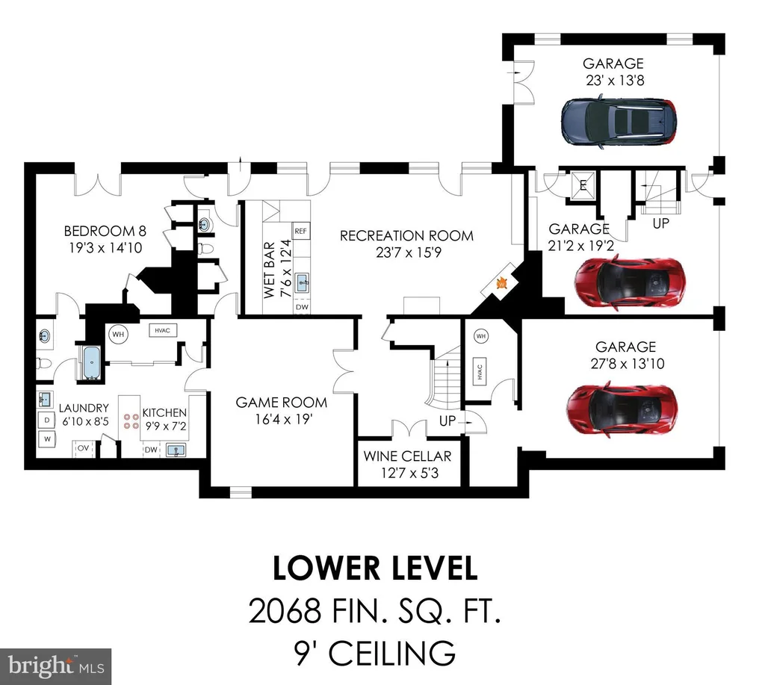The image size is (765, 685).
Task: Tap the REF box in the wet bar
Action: point(300,231)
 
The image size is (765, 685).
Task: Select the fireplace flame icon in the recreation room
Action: point(501,282)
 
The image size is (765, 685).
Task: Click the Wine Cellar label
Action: point(407,456)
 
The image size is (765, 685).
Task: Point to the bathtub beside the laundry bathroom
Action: point(91,362)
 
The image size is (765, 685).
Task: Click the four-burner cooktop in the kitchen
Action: point(131,421)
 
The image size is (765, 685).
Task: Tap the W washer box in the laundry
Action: point(47,438)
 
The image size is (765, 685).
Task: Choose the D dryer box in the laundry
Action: point(47,420)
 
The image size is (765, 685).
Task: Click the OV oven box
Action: point(84,448)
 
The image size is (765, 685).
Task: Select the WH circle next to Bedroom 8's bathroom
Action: point(118,334)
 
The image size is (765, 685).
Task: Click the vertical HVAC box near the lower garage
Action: point(480,372)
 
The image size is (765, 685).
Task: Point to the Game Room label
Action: point(282,403)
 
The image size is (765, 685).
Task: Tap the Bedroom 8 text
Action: point(105,231)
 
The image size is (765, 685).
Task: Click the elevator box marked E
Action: point(583,185)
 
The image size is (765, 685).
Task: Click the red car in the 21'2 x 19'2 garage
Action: point(629,282)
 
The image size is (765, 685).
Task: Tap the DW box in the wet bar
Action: point(302,307)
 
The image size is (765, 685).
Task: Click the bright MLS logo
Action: point(55,666)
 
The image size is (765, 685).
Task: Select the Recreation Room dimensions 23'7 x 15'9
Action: point(409,252)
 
